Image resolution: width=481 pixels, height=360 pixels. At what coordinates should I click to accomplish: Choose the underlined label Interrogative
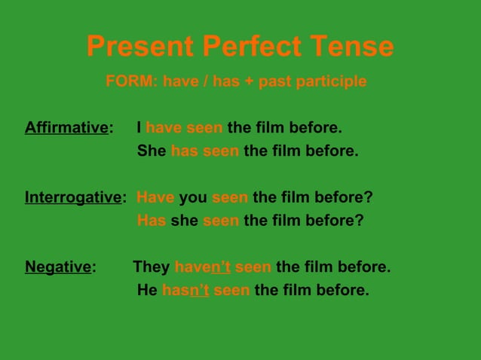tap(72, 198)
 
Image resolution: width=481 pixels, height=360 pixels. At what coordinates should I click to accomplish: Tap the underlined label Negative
tap(58, 267)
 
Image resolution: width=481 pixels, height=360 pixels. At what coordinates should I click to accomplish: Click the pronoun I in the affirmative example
tap(139, 127)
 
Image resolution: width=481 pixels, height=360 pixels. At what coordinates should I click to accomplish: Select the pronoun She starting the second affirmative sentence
tap(152, 151)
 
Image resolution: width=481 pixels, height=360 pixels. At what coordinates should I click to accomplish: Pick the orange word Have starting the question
tap(155, 198)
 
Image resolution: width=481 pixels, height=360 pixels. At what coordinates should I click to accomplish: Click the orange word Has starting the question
tap(152, 221)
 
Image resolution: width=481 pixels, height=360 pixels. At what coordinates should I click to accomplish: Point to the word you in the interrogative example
tap(193, 198)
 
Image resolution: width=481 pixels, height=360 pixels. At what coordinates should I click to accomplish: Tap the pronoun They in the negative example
tap(152, 267)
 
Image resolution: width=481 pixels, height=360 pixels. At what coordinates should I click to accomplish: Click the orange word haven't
tap(202, 267)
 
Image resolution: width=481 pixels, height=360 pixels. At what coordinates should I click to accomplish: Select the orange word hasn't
tap(185, 290)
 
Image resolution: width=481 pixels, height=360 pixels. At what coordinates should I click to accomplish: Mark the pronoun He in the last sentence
tap(147, 290)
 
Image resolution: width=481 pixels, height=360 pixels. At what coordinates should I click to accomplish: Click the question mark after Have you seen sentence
tap(369, 198)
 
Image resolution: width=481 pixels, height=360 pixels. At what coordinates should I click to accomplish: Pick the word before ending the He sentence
tap(344, 290)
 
